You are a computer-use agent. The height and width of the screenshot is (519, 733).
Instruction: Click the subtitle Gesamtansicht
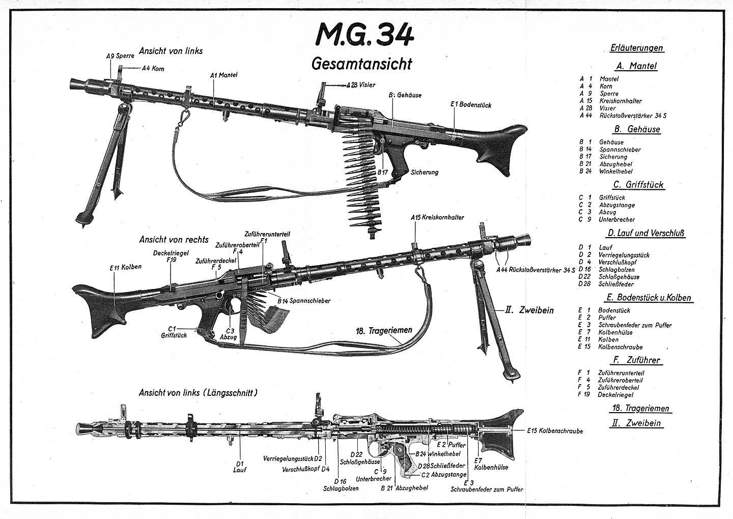coord(361,65)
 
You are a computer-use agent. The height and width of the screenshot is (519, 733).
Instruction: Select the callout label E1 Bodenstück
coord(471,104)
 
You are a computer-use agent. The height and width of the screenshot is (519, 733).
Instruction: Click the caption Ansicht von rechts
coord(174,239)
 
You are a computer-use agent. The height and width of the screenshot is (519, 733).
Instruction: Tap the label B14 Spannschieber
coord(304,301)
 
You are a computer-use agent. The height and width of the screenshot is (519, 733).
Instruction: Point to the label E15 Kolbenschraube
coord(556,431)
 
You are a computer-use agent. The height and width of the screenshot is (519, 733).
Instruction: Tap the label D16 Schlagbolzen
coord(341,484)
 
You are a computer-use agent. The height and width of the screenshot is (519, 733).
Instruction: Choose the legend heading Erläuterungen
coord(636,48)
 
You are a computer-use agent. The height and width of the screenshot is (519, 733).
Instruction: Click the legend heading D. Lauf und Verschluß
coord(645,234)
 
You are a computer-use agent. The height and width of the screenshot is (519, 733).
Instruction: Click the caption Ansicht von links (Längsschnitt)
coord(198,393)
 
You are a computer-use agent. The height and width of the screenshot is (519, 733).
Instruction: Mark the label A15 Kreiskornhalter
coord(437,217)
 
